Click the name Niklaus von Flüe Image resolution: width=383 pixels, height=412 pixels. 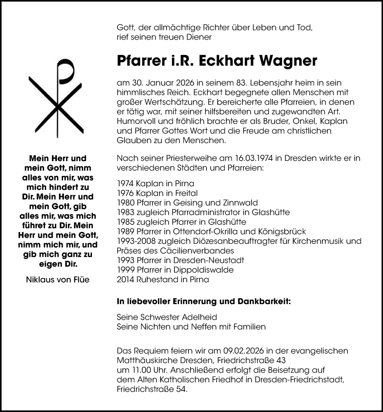pyautogui.click(x=57, y=280)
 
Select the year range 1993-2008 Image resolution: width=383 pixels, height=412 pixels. pyautogui.click(x=137, y=241)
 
